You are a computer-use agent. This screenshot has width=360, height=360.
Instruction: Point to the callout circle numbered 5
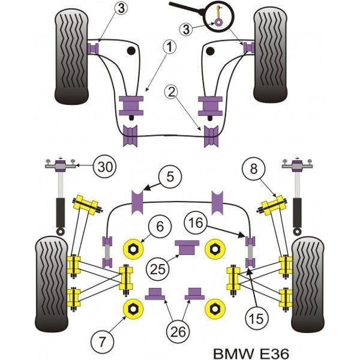[x=170, y=176]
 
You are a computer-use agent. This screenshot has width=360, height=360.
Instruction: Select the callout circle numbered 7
[x=103, y=342]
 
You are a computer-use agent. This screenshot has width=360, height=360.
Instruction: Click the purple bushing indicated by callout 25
[x=186, y=246]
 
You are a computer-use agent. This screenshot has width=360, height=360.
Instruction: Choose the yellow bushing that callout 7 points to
[x=131, y=308]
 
